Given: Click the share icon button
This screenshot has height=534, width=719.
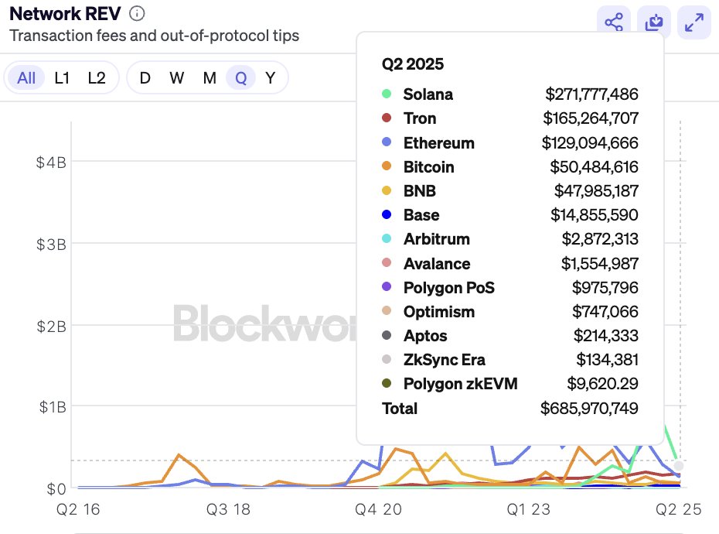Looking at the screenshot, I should [x=614, y=23].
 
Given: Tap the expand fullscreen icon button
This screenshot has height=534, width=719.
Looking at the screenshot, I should [x=693, y=23].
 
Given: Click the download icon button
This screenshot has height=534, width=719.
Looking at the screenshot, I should [x=654, y=23].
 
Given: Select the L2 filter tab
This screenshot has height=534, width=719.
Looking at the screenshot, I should [x=97, y=78].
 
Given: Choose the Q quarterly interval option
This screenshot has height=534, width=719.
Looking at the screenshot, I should [x=240, y=78].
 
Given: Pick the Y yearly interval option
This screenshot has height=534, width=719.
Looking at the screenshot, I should [x=270, y=78].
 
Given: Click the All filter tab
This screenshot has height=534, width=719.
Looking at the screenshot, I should [x=26, y=78].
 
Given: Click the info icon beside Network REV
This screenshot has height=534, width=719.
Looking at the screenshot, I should [x=137, y=13].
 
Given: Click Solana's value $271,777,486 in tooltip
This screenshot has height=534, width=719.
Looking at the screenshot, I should [x=591, y=94].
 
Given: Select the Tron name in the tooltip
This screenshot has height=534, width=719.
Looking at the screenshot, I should [x=420, y=118].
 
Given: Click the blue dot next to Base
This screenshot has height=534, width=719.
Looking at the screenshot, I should [x=387, y=215].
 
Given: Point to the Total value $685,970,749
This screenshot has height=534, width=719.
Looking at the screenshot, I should [x=589, y=409].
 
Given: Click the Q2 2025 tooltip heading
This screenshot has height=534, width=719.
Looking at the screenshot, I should [x=413, y=64].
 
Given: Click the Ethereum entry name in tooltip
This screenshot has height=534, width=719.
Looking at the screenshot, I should [x=438, y=143].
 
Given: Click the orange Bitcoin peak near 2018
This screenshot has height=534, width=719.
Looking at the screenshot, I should [x=179, y=455].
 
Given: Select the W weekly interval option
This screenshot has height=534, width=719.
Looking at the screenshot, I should [x=177, y=78].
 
